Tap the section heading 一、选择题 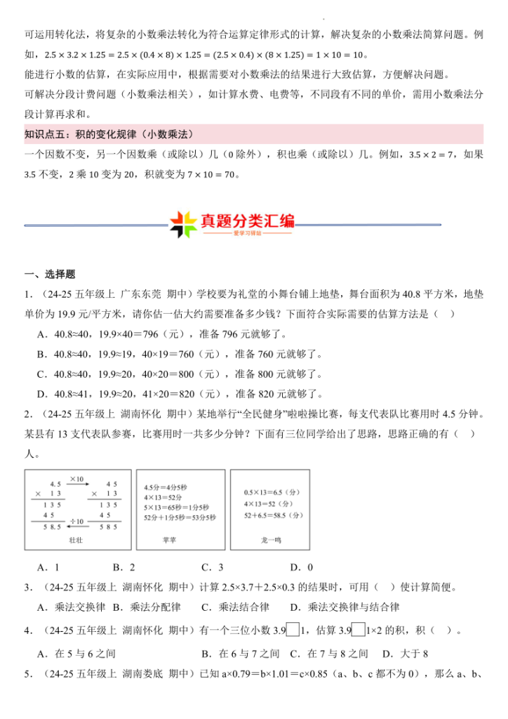click(50, 275)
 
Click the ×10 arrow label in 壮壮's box click(79, 479)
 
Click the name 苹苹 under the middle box click(169, 541)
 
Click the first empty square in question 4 click(293, 630)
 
